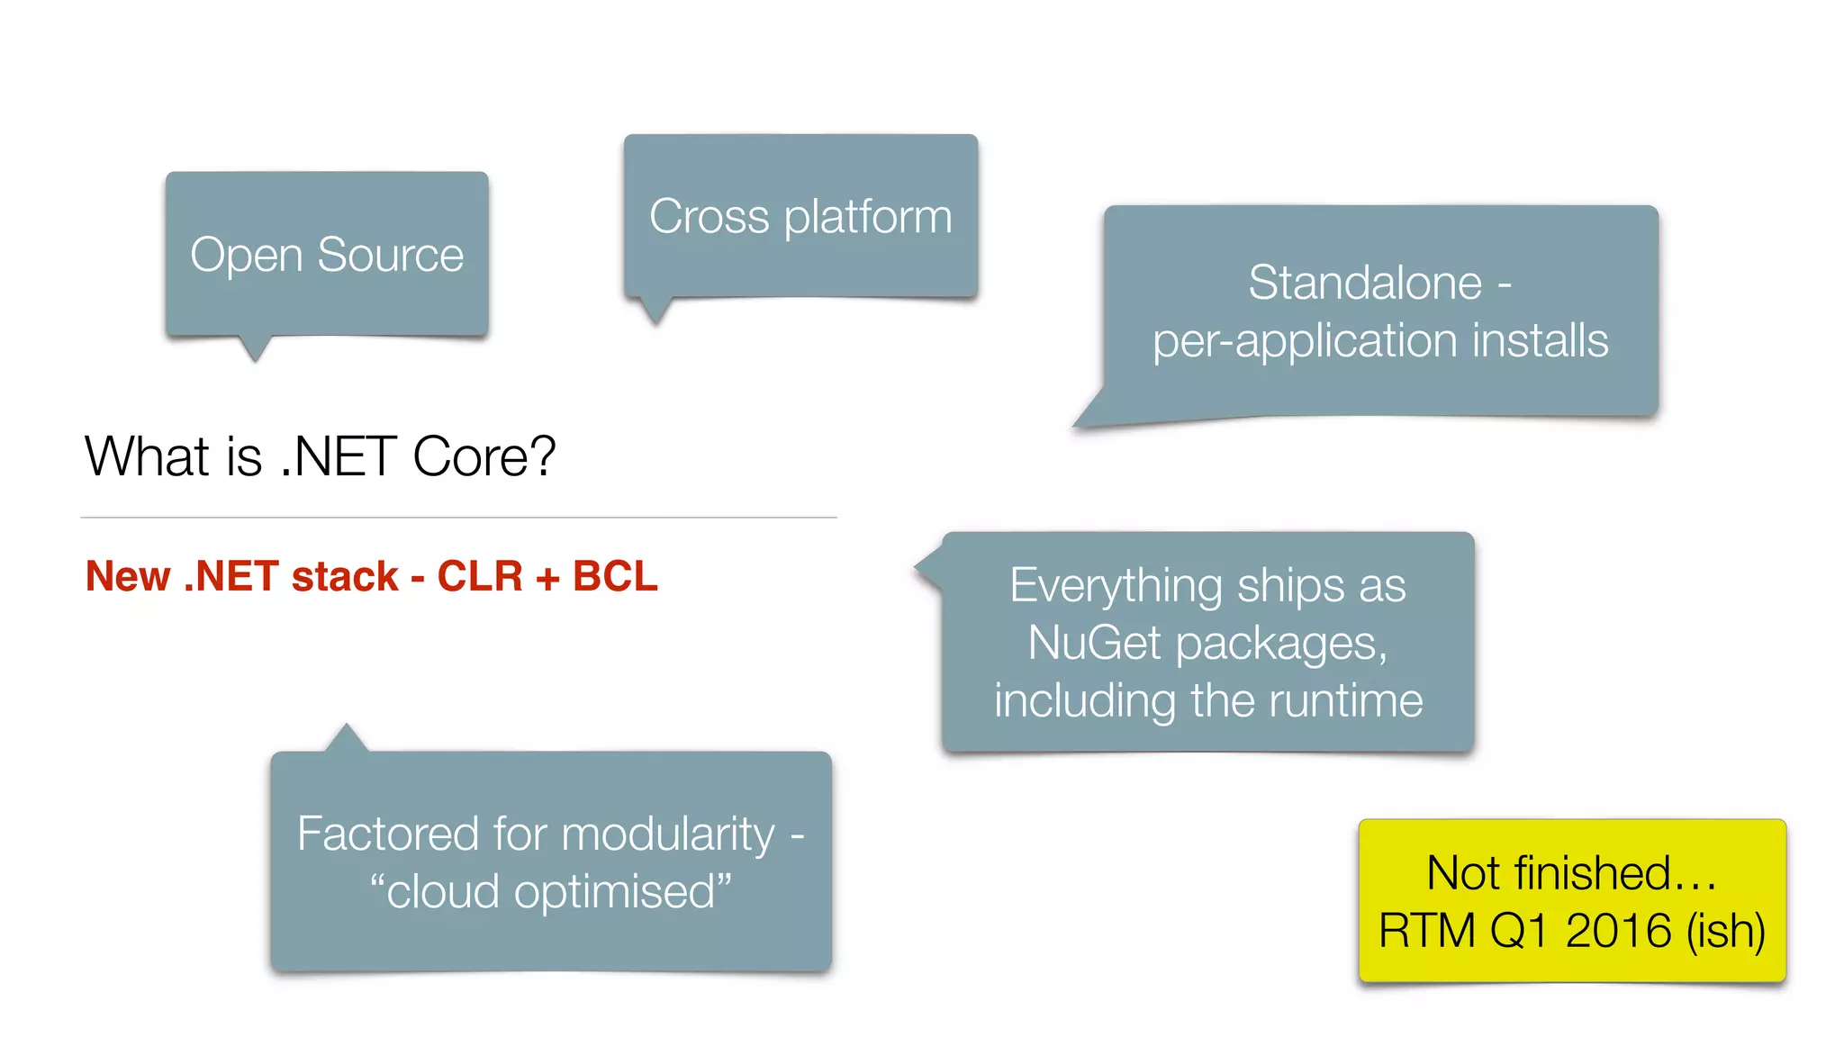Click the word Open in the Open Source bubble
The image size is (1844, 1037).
click(246, 256)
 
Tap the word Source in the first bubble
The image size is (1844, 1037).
click(390, 256)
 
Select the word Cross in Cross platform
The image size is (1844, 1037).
click(710, 217)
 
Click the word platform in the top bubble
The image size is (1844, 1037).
click(868, 217)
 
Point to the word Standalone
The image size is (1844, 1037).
click(1365, 283)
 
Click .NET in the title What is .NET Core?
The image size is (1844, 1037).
click(339, 456)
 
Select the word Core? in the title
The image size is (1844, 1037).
click(484, 456)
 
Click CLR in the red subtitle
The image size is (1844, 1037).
click(480, 576)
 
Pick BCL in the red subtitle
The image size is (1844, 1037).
click(615, 576)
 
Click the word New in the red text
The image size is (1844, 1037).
click(128, 576)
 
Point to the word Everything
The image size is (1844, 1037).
click(1116, 585)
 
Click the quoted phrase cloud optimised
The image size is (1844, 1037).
click(550, 891)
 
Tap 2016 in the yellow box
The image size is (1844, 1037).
click(1618, 930)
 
